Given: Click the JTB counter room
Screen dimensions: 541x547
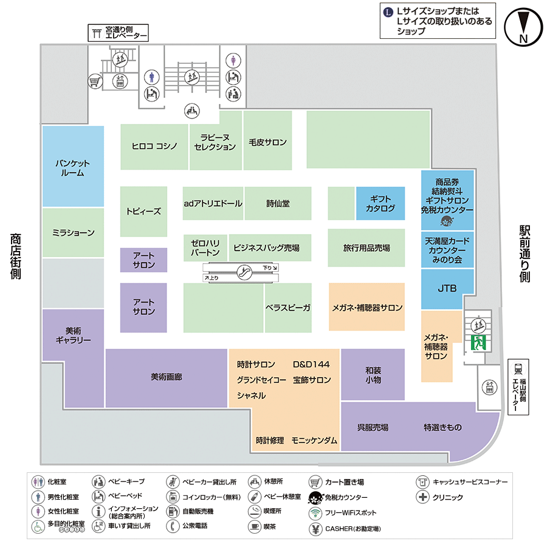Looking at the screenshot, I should click(x=447, y=289).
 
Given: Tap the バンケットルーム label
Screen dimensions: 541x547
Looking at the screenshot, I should click(x=72, y=168).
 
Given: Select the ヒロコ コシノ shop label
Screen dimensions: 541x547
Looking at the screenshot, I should click(x=155, y=146).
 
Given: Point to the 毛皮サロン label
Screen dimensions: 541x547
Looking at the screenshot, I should click(x=267, y=142).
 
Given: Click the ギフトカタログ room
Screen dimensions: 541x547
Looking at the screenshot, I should click(x=380, y=204).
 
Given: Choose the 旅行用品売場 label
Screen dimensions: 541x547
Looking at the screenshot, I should click(x=366, y=248).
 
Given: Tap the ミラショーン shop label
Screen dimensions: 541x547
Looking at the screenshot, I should click(x=73, y=232).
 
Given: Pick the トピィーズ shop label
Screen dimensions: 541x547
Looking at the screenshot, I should click(x=143, y=212).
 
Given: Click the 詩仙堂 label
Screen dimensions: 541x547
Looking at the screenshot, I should click(x=278, y=204).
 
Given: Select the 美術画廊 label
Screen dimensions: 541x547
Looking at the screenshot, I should click(x=166, y=377).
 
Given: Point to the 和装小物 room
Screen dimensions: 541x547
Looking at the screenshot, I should click(x=373, y=374).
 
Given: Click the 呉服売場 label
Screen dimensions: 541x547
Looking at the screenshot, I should click(x=373, y=427).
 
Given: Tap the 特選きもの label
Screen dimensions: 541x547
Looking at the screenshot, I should click(x=442, y=427).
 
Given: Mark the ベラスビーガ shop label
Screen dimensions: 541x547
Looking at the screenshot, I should click(x=288, y=308).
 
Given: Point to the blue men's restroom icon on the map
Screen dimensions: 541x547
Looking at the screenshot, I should click(x=153, y=77).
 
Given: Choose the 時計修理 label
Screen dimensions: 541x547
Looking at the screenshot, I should click(x=270, y=441).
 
